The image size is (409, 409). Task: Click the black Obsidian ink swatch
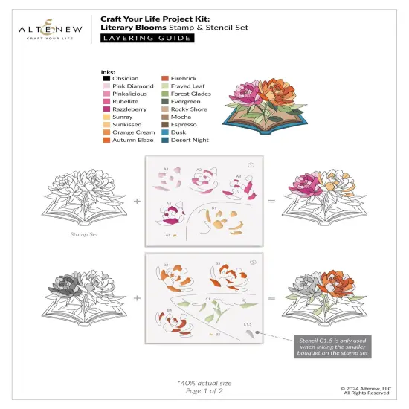106,79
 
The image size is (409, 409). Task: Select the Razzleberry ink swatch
106,109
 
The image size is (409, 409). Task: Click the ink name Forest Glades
190,94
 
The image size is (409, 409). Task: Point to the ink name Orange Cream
133,132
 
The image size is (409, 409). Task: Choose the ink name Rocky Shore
189,109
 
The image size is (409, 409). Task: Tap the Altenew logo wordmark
39,29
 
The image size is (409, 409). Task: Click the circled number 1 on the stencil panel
251,166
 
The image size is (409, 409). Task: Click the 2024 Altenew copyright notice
370,389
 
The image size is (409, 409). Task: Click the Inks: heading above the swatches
109,71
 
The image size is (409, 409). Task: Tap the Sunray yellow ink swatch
106,117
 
